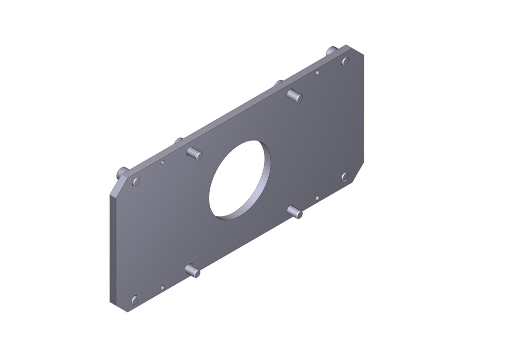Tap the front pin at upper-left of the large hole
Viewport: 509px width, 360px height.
[x=194, y=152]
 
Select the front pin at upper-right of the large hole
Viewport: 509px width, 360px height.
[x=295, y=95]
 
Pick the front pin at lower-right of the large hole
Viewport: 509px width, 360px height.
[x=295, y=211]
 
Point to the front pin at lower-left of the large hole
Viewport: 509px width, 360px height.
[x=193, y=270]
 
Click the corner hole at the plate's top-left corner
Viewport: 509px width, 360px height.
[x=136, y=181]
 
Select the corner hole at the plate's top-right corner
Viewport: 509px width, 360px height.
[x=345, y=61]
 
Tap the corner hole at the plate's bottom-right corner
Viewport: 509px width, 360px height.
[x=344, y=177]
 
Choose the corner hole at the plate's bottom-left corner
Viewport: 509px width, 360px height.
[x=135, y=299]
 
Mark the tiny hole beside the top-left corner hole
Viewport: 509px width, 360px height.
[x=162, y=162]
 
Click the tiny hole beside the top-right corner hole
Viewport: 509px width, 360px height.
[x=317, y=73]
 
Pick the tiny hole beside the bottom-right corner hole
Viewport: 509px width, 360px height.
[x=317, y=198]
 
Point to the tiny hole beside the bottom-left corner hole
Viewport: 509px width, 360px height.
[x=162, y=288]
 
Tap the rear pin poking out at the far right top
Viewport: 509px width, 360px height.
[x=331, y=50]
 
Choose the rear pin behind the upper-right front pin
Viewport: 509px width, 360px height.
[x=278, y=82]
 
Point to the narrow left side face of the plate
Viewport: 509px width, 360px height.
[x=113, y=250]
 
